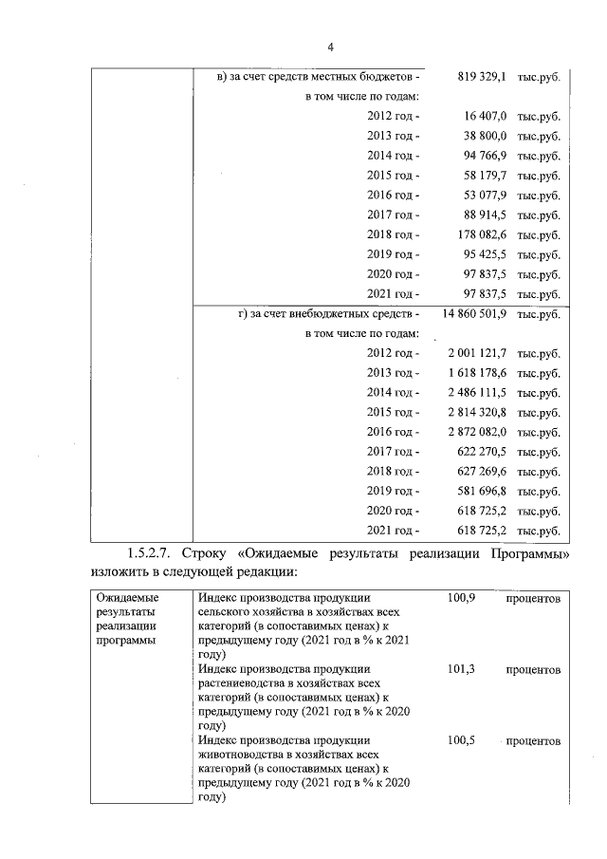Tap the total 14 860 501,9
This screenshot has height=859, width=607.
pos(476,313)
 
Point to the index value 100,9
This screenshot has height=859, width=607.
pos(460,600)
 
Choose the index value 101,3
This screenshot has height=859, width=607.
pos(460,669)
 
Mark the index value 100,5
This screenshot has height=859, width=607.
pos(460,739)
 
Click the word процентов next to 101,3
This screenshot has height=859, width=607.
pos(532,670)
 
